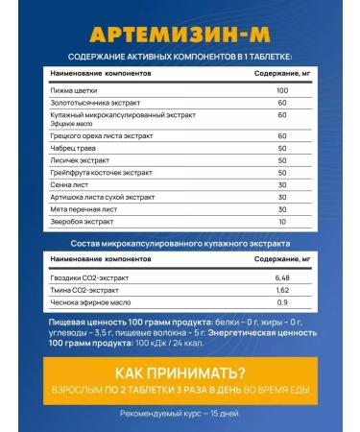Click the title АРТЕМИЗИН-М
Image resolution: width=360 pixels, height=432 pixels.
coord(180,35)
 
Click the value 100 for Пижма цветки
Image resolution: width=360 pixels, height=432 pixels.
coord(282,88)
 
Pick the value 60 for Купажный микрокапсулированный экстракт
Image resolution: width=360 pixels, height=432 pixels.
coord(282,115)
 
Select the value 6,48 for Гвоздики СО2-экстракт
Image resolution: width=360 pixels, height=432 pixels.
coord(282,277)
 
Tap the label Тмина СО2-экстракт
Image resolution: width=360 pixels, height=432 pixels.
coord(87,291)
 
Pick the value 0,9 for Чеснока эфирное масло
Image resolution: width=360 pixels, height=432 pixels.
coord(282,304)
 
